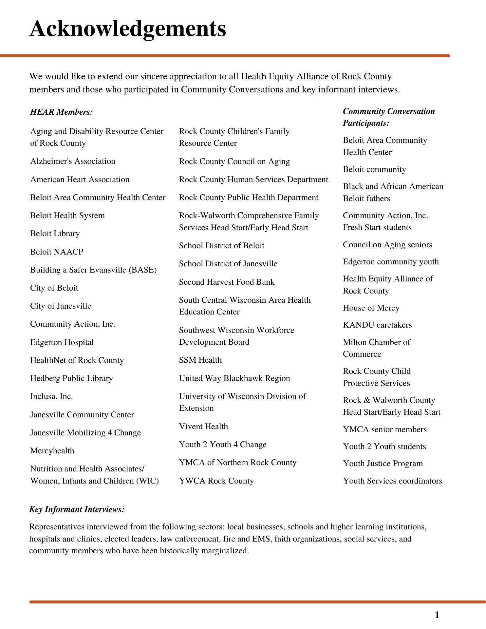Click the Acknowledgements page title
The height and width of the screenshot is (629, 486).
pos(128,29)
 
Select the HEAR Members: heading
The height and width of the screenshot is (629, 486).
pos(62,112)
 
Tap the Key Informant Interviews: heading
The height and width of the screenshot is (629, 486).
pos(77,509)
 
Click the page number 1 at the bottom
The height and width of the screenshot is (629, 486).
pos(437,615)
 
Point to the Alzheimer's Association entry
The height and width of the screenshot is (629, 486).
pos(73,161)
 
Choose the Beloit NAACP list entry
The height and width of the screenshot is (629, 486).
pos(57,252)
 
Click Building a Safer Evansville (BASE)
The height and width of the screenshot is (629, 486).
pos(93,270)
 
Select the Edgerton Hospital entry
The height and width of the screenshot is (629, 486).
pos(62,342)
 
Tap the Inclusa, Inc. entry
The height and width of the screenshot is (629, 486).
pos(51,396)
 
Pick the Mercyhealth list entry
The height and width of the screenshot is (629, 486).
pos(52,451)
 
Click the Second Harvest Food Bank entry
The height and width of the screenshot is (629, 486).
pos(227,282)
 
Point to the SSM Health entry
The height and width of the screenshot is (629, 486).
pos(200,360)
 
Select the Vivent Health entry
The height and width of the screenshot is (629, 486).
pos(203,427)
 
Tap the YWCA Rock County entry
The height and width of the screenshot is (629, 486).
pos(216,481)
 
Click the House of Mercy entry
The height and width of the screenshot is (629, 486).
pos(371,308)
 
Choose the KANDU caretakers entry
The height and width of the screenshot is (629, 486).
pos(377,325)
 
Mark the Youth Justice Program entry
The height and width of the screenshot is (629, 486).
pos(383,464)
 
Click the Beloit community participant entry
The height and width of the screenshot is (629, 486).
pos(374,169)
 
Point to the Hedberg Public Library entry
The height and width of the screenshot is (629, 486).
pos(71,378)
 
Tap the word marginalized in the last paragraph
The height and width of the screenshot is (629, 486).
pos(224,551)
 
